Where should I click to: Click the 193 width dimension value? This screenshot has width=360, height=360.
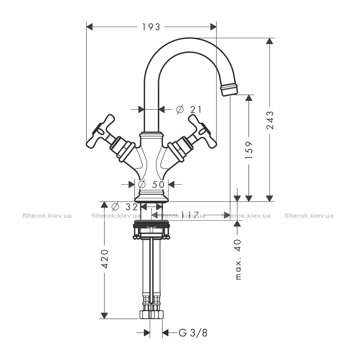point(151,27)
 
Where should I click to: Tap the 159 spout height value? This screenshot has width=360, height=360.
point(249,150)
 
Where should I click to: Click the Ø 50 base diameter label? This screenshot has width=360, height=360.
point(151,184)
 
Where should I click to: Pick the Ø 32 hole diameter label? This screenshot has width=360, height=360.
point(125,207)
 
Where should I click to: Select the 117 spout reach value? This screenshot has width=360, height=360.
point(190,215)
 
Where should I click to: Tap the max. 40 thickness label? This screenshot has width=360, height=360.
point(239,260)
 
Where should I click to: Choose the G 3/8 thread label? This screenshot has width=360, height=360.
point(193,333)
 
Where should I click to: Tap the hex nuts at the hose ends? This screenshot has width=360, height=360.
point(151,314)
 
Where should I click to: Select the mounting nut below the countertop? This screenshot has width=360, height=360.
point(151,230)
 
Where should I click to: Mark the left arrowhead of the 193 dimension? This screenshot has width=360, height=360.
point(90,27)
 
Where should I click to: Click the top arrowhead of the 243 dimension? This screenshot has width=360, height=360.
point(270,41)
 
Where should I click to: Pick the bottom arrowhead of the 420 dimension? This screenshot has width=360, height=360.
point(105,315)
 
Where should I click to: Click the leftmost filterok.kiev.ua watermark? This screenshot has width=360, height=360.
point(47,216)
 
